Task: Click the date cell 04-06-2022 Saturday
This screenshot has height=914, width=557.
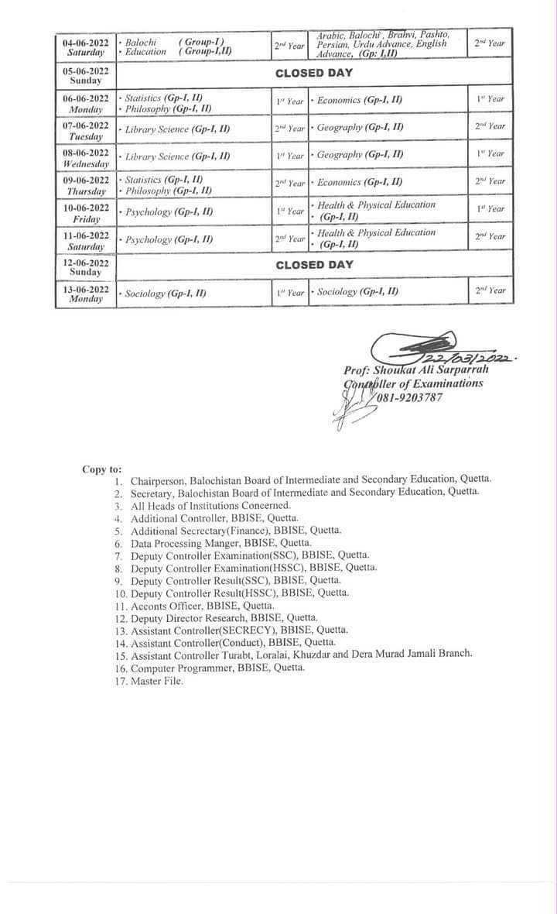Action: pos(86,46)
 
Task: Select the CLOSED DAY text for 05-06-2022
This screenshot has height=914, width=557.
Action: pos(313,74)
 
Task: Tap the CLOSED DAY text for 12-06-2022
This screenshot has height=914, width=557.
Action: pos(313,265)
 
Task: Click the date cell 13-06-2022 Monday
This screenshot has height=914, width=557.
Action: pos(86,294)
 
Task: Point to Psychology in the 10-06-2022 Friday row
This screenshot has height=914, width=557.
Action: pos(169,211)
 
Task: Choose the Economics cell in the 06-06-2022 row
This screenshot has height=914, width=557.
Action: pos(360,101)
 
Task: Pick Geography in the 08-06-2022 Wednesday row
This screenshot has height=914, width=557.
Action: pos(360,155)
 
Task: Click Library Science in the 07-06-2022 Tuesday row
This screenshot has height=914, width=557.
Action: pos(177,129)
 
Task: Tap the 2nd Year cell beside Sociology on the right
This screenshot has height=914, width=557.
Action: pos(490,290)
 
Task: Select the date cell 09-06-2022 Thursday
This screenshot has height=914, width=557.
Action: pos(86,185)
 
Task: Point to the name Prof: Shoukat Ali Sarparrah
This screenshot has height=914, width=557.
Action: pos(416,370)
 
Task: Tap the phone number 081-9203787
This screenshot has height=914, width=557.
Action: pos(410,397)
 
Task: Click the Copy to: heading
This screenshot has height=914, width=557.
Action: pos(102,469)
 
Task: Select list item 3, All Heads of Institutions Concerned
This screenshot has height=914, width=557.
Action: pos(210,505)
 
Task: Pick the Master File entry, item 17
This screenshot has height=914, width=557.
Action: pos(157,681)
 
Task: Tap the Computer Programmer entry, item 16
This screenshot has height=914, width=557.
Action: pos(217,668)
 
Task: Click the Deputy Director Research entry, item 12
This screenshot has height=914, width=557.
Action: pos(224,618)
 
